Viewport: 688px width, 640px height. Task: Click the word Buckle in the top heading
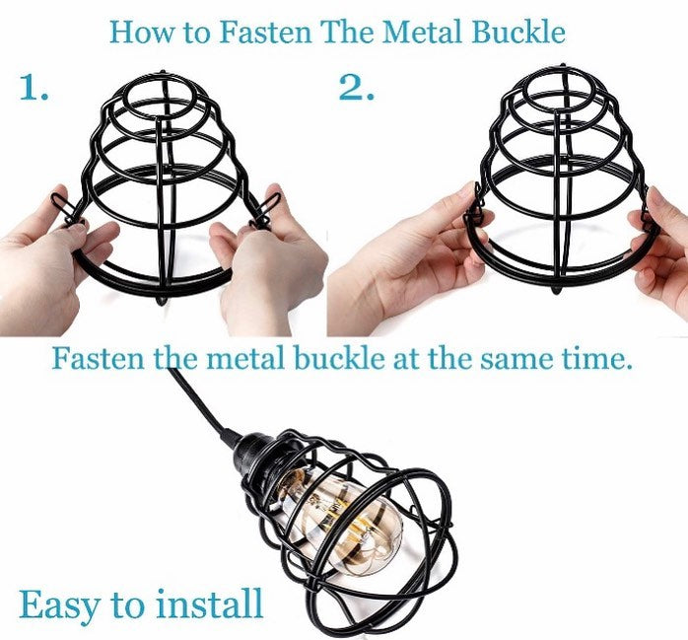pos(518,32)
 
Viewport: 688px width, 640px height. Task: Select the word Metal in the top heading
pos(422,32)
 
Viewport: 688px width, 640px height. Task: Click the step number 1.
pos(34,87)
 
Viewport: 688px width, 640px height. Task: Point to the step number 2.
pos(357,87)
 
